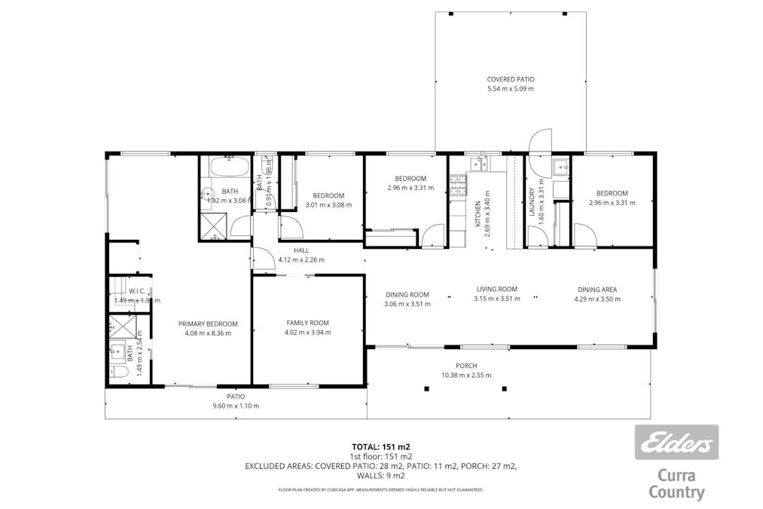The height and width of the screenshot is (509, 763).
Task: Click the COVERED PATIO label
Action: coord(510,79)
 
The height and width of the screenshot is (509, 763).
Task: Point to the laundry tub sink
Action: coord(560,167)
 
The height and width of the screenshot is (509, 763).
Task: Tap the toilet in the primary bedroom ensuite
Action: coord(117,373)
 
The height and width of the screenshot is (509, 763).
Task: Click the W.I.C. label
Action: coord(136,290)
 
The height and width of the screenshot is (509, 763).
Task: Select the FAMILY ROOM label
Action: coord(307,323)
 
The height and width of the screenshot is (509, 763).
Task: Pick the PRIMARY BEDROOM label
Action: coord(208,323)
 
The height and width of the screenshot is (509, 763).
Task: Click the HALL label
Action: coord(301,250)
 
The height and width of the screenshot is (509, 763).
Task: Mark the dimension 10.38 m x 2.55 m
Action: coord(466,375)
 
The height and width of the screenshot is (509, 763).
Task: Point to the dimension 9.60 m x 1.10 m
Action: coord(236,406)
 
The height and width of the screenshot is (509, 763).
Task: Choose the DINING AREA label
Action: coord(597,290)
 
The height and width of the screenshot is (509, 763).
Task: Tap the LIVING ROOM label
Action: coord(496,289)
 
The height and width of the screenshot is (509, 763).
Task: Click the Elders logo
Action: coord(676,443)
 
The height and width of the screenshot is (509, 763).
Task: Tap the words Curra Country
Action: coord(676,484)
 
